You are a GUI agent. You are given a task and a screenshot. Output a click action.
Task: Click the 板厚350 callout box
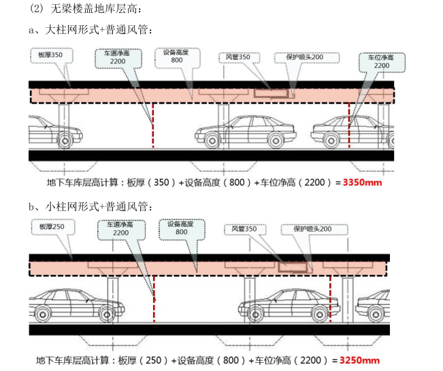(x=50, y=54)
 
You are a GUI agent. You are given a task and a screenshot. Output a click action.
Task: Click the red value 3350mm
(x=363, y=182)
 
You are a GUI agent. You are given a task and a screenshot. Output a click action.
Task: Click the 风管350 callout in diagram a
(x=239, y=57)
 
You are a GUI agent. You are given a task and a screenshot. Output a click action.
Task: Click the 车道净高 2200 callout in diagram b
(x=120, y=229)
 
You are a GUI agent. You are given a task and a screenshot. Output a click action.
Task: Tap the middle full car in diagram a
(x=244, y=131)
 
